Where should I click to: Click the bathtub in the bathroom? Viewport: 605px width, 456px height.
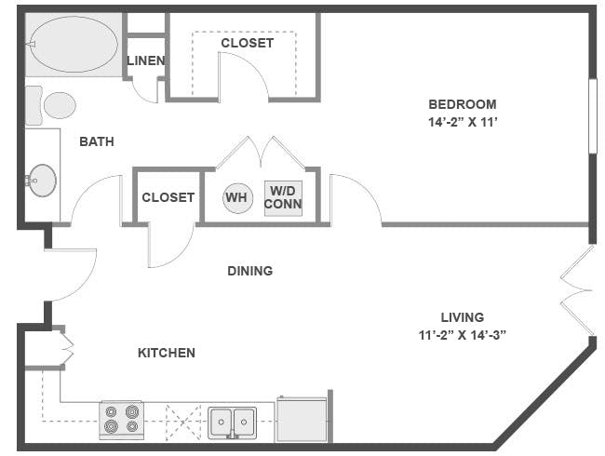pyautogui.click(x=74, y=45)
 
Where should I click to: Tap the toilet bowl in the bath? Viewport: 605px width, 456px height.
pyautogui.click(x=60, y=105)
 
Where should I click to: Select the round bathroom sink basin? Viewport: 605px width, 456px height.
pyautogui.click(x=43, y=181)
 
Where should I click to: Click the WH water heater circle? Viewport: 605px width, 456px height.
pyautogui.click(x=237, y=198)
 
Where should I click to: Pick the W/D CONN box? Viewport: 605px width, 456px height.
pyautogui.click(x=283, y=198)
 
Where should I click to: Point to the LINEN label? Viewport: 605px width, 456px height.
pyautogui.click(x=146, y=60)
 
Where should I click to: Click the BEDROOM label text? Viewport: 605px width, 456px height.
pyautogui.click(x=463, y=104)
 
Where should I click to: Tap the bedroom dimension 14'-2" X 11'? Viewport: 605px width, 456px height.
pyautogui.click(x=463, y=122)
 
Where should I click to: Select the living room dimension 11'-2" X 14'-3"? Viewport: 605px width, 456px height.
pyautogui.click(x=463, y=335)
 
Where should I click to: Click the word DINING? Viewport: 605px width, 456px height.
pyautogui.click(x=250, y=271)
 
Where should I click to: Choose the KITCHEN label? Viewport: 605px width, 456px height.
pyautogui.click(x=167, y=353)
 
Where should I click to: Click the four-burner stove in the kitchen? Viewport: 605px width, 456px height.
pyautogui.click(x=122, y=420)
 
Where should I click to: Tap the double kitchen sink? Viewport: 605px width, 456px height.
pyautogui.click(x=233, y=422)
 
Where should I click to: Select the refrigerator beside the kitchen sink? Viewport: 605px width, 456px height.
pyautogui.click(x=302, y=420)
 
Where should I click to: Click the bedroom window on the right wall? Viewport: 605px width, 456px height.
pyautogui.click(x=593, y=116)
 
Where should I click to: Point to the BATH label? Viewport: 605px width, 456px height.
pyautogui.click(x=97, y=141)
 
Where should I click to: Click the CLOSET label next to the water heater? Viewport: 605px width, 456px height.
pyautogui.click(x=168, y=197)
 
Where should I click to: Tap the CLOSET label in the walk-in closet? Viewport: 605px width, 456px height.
pyautogui.click(x=248, y=43)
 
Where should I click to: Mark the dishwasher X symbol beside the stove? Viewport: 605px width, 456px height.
pyautogui.click(x=183, y=422)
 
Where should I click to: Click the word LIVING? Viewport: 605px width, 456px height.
pyautogui.click(x=463, y=317)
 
